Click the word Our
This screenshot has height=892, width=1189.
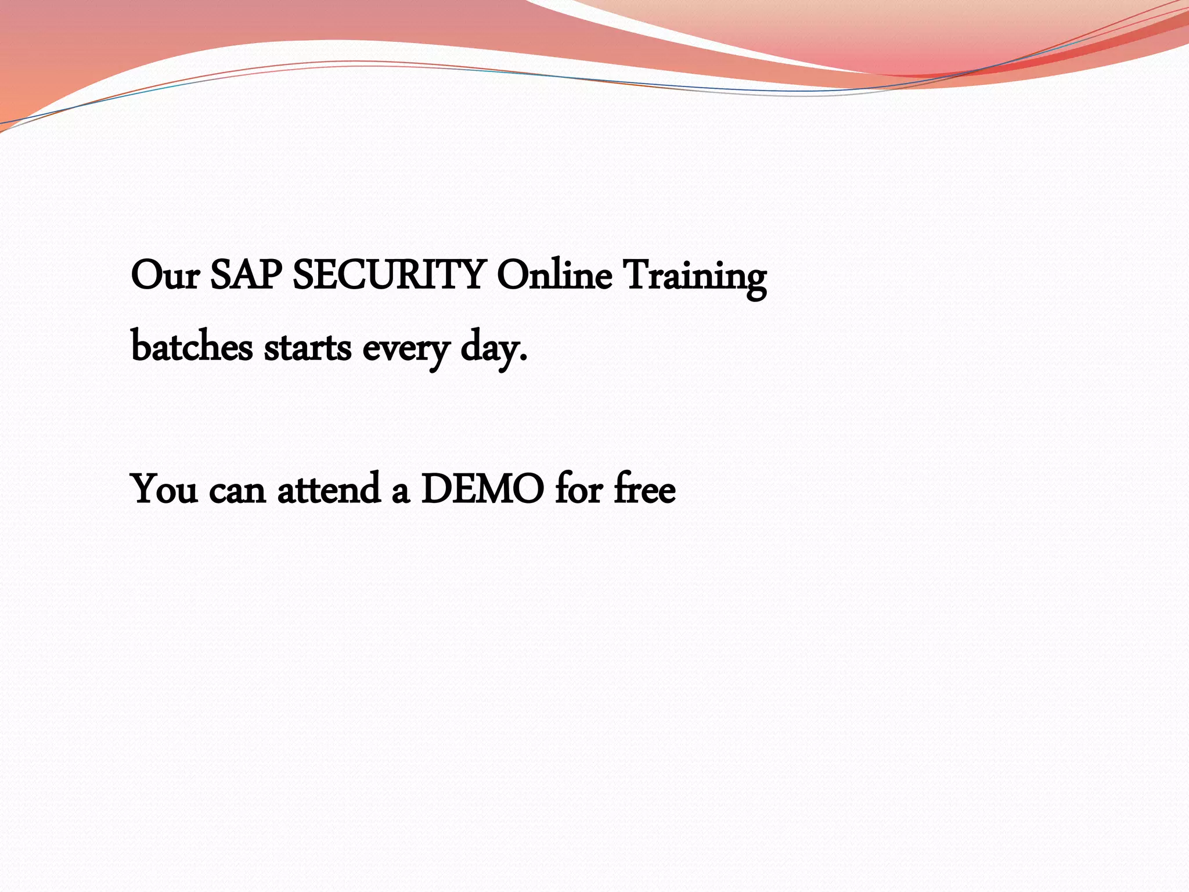pyautogui.click(x=165, y=275)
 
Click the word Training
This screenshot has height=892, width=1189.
pyautogui.click(x=694, y=278)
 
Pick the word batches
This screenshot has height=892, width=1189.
pyautogui.click(x=192, y=348)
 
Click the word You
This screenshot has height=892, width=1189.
pyautogui.click(x=165, y=490)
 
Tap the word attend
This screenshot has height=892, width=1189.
pyautogui.click(x=329, y=490)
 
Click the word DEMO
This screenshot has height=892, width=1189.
pyautogui.click(x=482, y=490)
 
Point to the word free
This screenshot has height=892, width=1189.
pyautogui.click(x=644, y=490)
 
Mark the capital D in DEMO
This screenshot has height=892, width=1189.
pyautogui.click(x=437, y=490)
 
